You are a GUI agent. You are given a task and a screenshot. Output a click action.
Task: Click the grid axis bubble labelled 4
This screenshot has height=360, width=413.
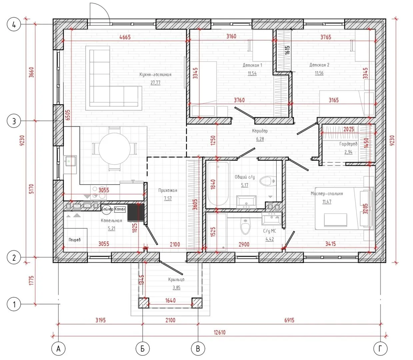coord(14,25)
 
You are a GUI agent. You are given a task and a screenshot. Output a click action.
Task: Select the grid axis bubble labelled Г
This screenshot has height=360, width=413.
coord(380,348)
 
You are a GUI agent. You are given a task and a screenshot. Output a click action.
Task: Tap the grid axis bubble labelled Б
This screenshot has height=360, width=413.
coord(143,348)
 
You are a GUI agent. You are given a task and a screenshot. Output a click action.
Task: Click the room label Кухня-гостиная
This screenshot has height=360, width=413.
coord(155,74)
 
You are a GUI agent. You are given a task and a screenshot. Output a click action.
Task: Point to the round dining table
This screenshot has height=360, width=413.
coord(114,149)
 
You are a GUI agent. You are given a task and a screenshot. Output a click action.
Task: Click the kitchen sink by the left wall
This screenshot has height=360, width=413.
coord(70,161)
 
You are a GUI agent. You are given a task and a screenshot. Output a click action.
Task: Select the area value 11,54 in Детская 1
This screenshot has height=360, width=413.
coord(252,73)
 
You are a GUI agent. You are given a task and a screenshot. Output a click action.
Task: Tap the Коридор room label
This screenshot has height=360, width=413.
coord(260,131)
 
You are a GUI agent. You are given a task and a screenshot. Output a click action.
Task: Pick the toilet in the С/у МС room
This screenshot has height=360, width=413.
coord(245,227)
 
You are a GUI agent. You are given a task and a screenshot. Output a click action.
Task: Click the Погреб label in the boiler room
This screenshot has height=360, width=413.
coord(74,240)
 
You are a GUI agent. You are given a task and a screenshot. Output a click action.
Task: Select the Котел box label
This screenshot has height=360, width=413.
coord(120,209)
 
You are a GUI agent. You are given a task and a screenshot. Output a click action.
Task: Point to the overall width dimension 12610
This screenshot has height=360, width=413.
coord(219,332)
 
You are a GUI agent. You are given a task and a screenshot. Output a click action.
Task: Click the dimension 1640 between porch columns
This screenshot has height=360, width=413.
coord(170,300)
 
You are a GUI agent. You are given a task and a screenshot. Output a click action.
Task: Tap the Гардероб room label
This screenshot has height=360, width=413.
coord(348,144)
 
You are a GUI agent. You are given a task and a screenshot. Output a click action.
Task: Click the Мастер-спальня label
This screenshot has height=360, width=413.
coord(327,194)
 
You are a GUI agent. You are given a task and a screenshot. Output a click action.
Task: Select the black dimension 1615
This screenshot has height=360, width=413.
coord(287,50)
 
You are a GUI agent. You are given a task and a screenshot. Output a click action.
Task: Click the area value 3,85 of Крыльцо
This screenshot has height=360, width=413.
coord(176,288)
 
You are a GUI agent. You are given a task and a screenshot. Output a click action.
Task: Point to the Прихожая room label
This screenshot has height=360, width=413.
coord(168,190)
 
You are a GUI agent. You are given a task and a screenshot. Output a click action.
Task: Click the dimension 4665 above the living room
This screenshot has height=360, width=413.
coord(125,37)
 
